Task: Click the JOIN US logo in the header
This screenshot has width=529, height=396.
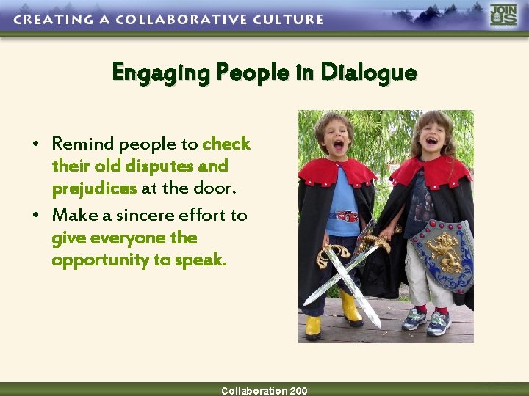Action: click(x=503, y=15)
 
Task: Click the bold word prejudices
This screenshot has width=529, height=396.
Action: click(x=94, y=188)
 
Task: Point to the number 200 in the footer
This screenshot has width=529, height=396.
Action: click(x=298, y=391)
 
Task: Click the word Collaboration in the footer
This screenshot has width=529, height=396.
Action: click(x=254, y=391)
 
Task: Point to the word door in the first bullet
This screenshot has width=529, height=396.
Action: click(x=220, y=188)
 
